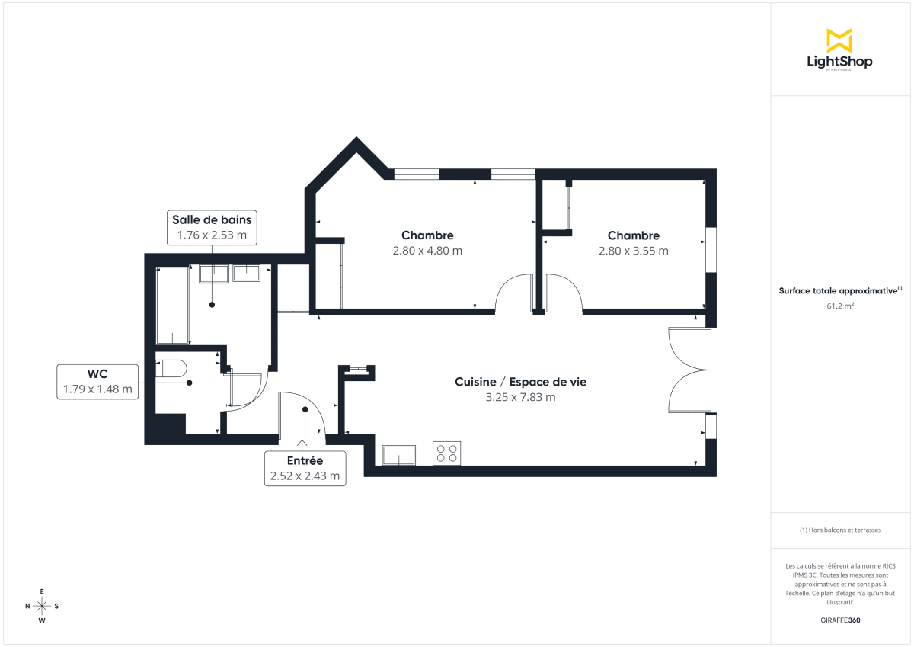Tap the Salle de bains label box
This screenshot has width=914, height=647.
[x=212, y=227]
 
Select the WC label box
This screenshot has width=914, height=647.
[x=97, y=381]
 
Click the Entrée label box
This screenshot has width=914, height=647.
[x=305, y=469]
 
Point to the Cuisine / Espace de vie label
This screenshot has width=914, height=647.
[x=520, y=382]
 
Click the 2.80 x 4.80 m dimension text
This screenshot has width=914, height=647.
[x=427, y=251]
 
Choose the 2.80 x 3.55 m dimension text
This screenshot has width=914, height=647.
[x=634, y=251]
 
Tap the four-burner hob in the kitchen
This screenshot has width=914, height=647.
[x=446, y=453]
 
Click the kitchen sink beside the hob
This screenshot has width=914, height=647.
[x=399, y=455]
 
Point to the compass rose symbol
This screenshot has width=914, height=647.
[x=42, y=606]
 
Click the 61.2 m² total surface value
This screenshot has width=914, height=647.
[x=840, y=306]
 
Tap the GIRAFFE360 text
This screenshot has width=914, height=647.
[x=840, y=620]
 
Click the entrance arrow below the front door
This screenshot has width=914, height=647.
[x=302, y=444]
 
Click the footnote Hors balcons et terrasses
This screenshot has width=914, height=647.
[x=840, y=530]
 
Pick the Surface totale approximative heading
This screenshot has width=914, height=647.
[x=840, y=290]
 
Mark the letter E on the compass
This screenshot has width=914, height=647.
[x=42, y=591]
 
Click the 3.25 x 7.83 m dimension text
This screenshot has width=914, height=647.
[x=520, y=397]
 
